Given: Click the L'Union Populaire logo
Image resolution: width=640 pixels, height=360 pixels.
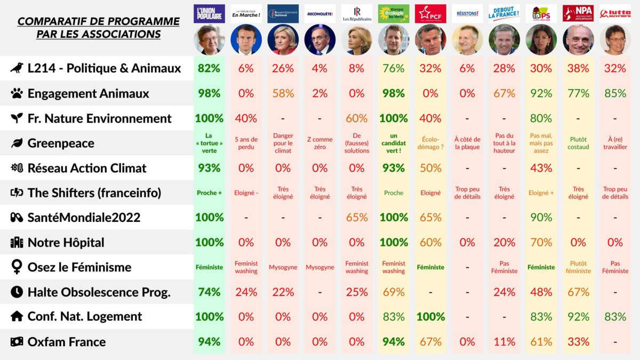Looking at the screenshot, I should point(209,13).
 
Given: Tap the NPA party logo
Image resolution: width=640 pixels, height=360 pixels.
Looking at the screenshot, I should point(578,13).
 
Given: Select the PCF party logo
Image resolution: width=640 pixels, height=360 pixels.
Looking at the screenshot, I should point(430,13).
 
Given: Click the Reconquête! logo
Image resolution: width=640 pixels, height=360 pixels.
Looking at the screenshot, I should point(320,13).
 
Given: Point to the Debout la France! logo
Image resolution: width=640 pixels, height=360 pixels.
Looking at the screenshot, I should point(504,13).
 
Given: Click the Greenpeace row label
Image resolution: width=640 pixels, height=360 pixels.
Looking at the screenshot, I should point(61,143).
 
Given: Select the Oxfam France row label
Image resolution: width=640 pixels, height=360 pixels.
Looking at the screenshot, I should point(67,342).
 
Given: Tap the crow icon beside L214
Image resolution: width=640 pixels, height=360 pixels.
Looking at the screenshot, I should point(17,68).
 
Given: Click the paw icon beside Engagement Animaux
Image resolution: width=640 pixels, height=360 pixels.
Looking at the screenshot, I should point(17,93).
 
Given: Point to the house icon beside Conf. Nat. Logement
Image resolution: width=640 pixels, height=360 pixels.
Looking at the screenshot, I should point(17,317).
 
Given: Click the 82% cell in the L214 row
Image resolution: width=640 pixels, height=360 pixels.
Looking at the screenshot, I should point(209,68).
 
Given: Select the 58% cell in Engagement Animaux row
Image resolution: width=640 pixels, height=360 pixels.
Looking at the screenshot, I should point(283,93).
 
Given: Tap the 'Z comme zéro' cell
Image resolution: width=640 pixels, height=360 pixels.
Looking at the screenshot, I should point(320,143).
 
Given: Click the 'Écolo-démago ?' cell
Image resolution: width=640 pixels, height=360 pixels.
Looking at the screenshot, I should point(430,143).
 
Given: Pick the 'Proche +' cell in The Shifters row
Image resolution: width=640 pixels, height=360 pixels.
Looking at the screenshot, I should point(209,193).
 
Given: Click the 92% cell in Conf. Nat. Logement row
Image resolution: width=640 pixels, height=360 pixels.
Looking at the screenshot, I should point(578,317).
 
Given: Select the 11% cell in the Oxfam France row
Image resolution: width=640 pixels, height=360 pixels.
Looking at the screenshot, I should point(504,342).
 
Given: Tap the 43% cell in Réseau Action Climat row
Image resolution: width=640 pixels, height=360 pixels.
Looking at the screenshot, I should point(541,168).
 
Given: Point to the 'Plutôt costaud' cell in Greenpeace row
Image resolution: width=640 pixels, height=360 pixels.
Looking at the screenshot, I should point(578,143).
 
